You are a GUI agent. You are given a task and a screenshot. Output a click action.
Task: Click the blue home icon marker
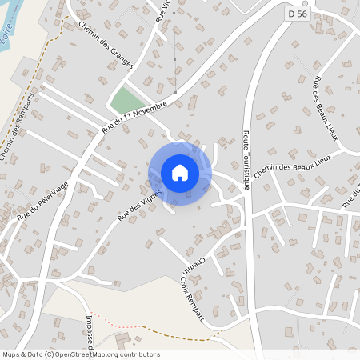pos(180,173)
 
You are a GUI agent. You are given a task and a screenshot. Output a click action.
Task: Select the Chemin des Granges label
pos(106,47)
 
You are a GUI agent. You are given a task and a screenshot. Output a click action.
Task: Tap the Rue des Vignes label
pos(139,204)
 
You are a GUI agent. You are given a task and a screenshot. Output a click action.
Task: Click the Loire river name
pos(8,35)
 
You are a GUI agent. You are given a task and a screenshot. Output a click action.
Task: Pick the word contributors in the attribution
pos(138,354)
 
